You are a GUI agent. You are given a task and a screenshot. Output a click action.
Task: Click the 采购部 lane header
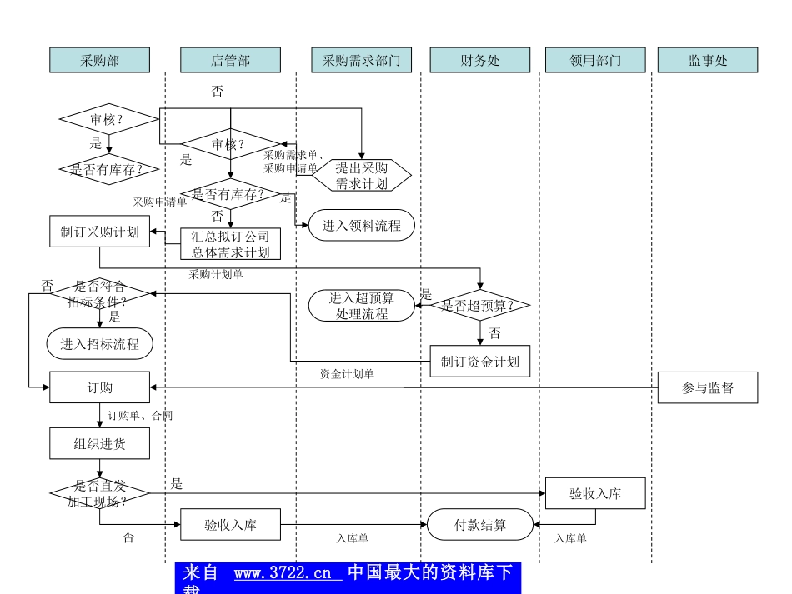tap(100, 60)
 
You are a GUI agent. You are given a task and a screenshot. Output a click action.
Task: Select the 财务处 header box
tap(479, 60)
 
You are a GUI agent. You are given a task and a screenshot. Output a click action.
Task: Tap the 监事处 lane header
tap(708, 60)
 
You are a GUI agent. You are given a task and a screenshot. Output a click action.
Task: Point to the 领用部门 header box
tap(595, 60)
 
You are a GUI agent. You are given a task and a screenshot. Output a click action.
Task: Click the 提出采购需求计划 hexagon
tap(362, 176)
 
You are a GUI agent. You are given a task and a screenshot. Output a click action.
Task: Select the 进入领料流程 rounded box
tap(361, 225)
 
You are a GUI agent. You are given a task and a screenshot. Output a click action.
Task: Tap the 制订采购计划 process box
tap(100, 232)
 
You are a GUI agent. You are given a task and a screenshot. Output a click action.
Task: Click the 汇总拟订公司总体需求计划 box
tap(230, 244)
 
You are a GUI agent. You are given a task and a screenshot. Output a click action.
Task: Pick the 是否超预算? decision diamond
tap(480, 306)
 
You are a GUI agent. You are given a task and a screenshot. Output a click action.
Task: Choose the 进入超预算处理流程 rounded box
tap(362, 306)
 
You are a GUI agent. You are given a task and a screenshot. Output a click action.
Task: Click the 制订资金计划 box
tap(480, 362)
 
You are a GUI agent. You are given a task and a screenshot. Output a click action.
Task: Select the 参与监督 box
tap(708, 387)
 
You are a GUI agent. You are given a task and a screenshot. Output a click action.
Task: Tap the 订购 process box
tap(100, 387)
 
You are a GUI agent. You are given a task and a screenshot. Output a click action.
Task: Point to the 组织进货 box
tap(100, 443)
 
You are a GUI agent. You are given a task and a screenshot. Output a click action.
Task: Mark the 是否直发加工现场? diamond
tap(100, 493)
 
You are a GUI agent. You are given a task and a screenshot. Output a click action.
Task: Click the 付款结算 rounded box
tap(480, 525)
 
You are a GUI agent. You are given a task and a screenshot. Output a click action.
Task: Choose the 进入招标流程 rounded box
tap(100, 343)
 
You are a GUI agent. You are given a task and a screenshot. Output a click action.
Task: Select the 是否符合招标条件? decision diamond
tap(100, 293)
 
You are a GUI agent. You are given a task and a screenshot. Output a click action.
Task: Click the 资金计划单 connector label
tap(347, 374)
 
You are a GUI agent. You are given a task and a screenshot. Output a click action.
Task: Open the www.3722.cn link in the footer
tap(288, 573)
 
